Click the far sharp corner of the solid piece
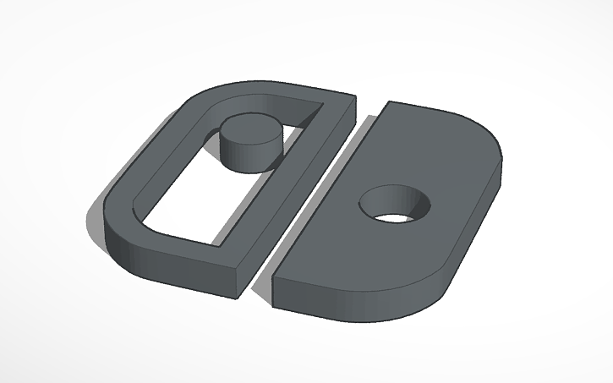388,102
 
